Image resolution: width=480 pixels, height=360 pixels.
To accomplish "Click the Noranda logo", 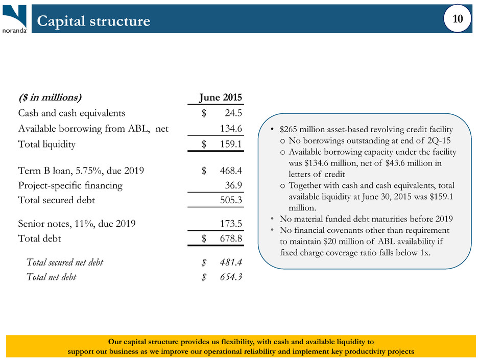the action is click(x=14, y=18).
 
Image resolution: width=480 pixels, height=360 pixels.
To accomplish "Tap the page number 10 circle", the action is click(x=458, y=18).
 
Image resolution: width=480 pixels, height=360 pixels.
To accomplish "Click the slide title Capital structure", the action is click(x=93, y=21).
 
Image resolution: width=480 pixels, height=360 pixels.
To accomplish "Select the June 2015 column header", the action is click(x=221, y=97).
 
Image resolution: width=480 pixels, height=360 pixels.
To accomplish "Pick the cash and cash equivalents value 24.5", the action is click(x=233, y=113).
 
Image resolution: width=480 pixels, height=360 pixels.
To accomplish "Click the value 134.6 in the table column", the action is click(x=231, y=128).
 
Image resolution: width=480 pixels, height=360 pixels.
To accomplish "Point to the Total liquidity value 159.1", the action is click(x=231, y=144).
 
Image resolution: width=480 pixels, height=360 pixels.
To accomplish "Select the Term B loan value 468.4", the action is click(x=231, y=170).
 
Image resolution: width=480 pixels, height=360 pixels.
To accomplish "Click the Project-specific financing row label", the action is click(x=70, y=185).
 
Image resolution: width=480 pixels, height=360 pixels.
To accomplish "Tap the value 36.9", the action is click(x=233, y=185).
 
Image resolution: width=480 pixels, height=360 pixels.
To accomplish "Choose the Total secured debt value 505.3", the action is click(x=231, y=200).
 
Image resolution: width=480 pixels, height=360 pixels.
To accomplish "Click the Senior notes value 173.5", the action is click(x=231, y=224).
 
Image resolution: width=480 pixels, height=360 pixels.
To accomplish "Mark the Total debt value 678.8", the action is click(x=231, y=238).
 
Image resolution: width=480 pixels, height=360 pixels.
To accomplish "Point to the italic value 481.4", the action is click(x=231, y=262).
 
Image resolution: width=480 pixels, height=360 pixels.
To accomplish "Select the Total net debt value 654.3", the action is click(x=231, y=277).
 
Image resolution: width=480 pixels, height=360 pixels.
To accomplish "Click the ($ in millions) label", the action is click(x=50, y=98).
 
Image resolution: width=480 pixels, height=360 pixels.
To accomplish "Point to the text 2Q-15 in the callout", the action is click(x=439, y=140).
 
